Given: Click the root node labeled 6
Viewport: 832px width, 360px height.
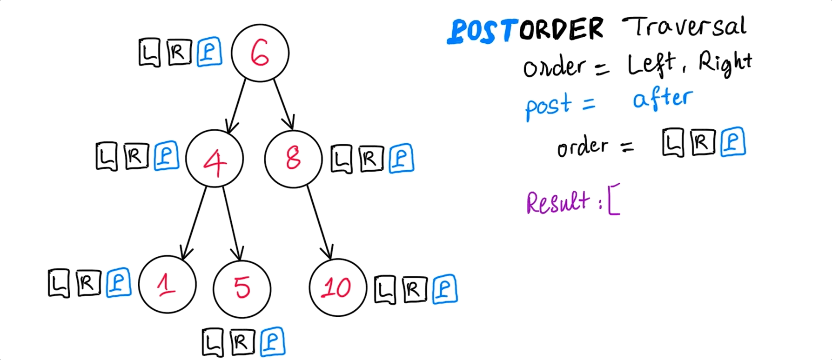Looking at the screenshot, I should pyautogui.click(x=260, y=53).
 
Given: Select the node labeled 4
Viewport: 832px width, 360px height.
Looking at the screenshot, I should pyautogui.click(x=214, y=159).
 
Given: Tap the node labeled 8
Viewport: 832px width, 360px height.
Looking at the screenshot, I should pyautogui.click(x=293, y=159).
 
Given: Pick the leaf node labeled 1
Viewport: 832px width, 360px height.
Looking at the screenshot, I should pyautogui.click(x=167, y=284).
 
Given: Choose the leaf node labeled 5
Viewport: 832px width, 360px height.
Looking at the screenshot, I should pyautogui.click(x=242, y=288).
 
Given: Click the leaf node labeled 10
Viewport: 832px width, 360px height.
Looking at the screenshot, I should pyautogui.click(x=337, y=287).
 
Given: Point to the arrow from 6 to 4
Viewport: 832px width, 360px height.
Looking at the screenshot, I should pyautogui.click(x=237, y=105).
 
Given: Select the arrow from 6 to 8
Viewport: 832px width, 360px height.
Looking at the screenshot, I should pyautogui.click(x=283, y=104).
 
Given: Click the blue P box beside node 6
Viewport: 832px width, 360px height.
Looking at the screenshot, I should pyautogui.click(x=209, y=52).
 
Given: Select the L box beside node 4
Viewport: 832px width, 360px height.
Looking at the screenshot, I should pyautogui.click(x=107, y=156).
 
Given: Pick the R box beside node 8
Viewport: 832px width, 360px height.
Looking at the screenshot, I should pyautogui.click(x=371, y=159).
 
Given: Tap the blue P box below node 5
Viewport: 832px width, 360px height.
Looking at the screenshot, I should pyautogui.click(x=272, y=342).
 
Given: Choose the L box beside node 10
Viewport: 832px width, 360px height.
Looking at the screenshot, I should pyautogui.click(x=385, y=290).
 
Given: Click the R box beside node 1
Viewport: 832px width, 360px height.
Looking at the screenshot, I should pyautogui.click(x=88, y=283).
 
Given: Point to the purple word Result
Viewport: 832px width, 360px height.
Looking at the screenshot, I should pyautogui.click(x=558, y=203).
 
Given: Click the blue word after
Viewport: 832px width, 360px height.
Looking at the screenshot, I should pyautogui.click(x=663, y=99).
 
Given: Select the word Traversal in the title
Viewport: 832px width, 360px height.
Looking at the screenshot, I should pyautogui.click(x=684, y=27).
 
